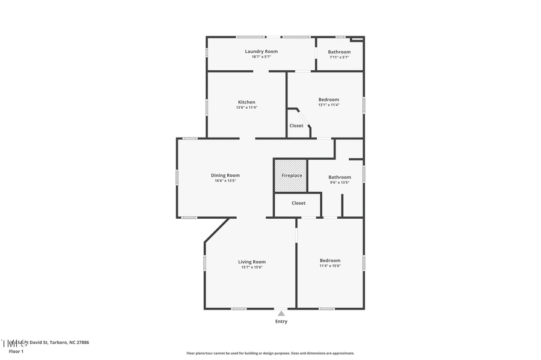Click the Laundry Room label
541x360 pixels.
[261, 52]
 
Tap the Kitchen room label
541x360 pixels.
[246, 102]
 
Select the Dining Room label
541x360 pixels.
[225, 175]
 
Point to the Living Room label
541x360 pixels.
[251, 261]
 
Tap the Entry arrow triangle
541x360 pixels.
[281, 313]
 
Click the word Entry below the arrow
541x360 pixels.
[281, 322]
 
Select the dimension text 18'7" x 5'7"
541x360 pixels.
[261, 57]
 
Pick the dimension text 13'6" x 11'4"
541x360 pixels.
[246, 108]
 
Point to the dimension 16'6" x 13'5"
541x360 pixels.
[225, 181]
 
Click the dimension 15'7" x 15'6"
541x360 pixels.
[251, 267]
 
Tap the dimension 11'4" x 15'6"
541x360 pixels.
[330, 266]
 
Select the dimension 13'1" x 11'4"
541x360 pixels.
[328, 105]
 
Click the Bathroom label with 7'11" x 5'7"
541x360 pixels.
[339, 52]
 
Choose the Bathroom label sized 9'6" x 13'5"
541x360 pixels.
[339, 177]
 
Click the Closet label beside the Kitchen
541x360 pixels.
[296, 126]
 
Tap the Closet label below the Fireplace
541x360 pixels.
[298, 203]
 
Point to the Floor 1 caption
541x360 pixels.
[16, 351]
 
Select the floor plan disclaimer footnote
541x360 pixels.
[270, 353]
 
